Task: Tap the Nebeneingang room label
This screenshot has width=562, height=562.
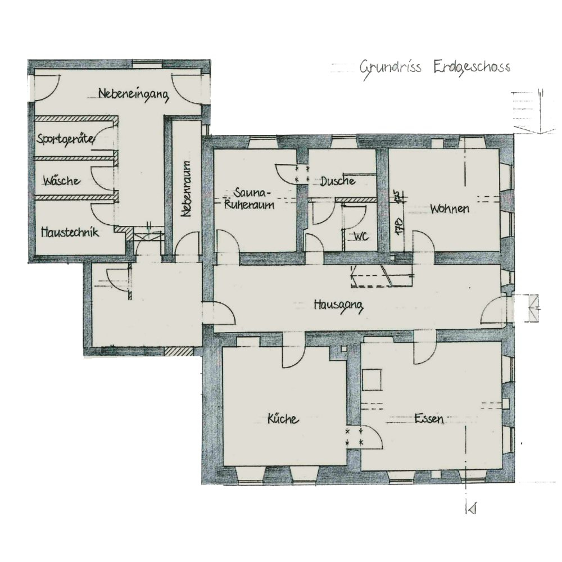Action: [x=133, y=94]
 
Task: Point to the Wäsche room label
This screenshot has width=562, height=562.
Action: [x=61, y=180]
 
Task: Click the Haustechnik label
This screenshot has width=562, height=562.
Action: [x=70, y=232]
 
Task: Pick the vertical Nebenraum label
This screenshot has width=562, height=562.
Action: [x=187, y=188]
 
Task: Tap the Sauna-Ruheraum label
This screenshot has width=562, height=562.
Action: [x=249, y=198]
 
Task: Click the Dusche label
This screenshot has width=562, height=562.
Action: [x=338, y=181]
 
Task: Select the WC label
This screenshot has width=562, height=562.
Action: [x=361, y=237]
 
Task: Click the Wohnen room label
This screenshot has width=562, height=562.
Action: [x=450, y=209]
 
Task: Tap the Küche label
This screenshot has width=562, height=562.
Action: [x=283, y=419]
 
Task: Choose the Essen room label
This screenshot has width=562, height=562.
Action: [x=429, y=418]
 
